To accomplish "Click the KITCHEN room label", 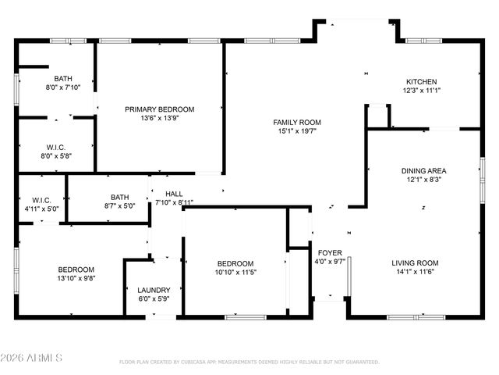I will pos(421,81).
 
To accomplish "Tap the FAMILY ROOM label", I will pos(296,122).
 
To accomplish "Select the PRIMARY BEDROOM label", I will pos(159,109).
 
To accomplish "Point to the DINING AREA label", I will pos(423,170).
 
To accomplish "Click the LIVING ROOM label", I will pos(415,262).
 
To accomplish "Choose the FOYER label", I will pos(328,252).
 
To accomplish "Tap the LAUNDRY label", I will pos(154,290).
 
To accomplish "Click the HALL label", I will pos(174,194).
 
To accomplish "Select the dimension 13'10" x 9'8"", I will pos(76,278).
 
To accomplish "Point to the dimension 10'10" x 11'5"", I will pos(235,272).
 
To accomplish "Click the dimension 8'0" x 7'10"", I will pos(63,87).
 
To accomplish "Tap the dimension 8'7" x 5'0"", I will pos(119,206).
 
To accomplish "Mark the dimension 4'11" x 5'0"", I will pos(41,209).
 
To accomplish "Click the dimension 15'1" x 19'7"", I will pos(296,131).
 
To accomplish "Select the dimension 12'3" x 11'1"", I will pos(421,91).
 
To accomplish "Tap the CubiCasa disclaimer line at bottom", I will pos(249,362).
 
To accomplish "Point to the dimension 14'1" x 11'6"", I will pos(415,272).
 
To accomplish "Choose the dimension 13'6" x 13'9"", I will pos(159,118).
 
